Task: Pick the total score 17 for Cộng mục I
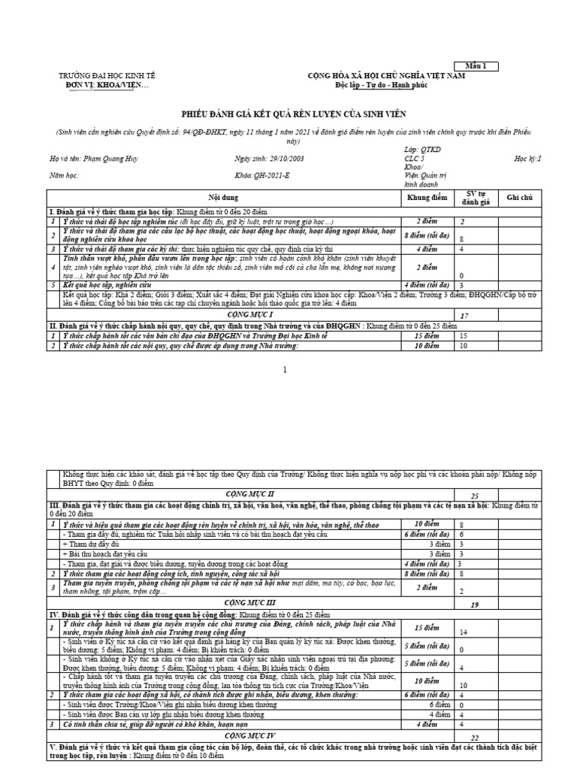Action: (464, 317)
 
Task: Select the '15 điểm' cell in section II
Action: (426, 336)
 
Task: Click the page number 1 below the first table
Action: (285, 370)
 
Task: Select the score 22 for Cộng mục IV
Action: (474, 738)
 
